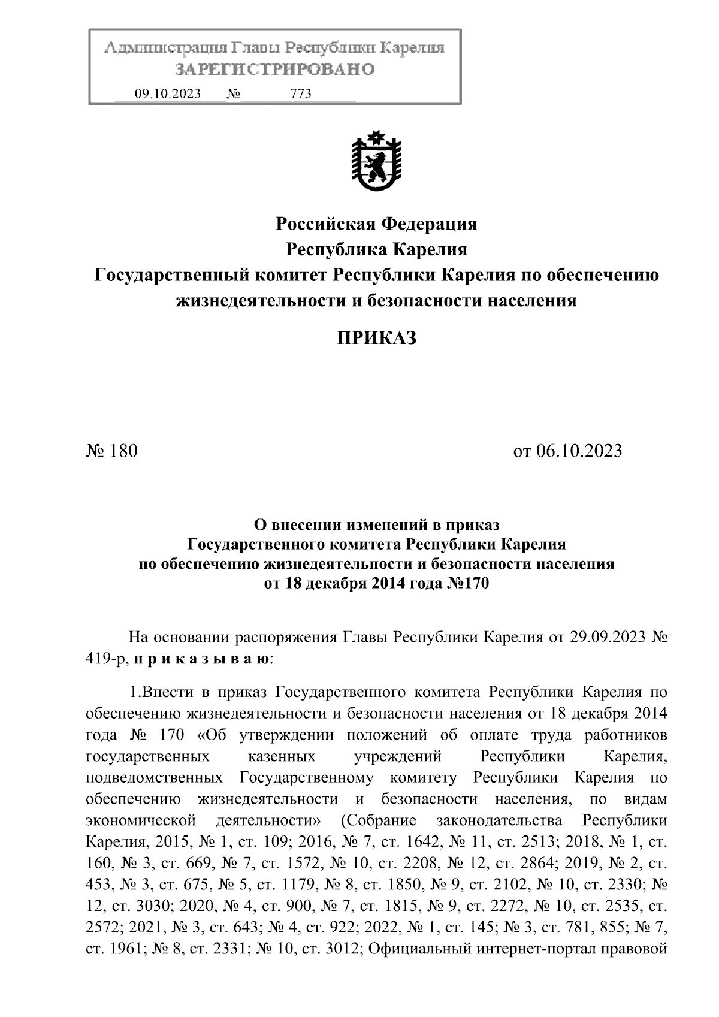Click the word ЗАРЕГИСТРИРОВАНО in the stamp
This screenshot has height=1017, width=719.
275,70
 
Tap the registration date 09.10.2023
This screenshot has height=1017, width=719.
167,94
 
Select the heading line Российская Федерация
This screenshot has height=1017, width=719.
376,224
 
